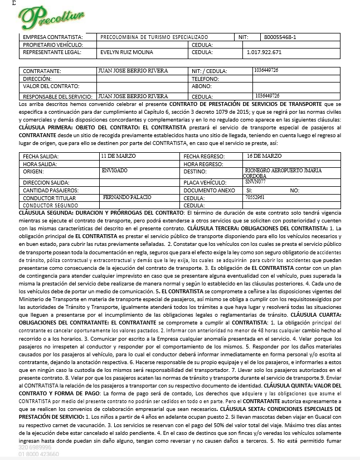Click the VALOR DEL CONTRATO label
pos(51,86)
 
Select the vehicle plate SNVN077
pos(255,182)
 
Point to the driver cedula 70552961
pos(255,197)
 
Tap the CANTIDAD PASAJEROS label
pos(51,190)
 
